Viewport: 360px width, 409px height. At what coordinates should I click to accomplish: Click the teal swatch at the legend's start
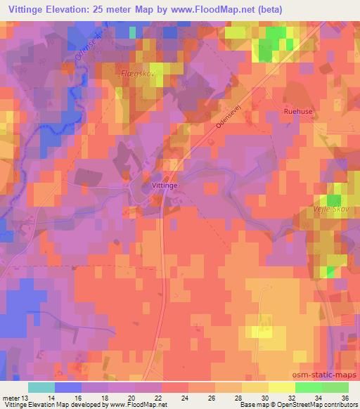pyautogui.click(x=41, y=387)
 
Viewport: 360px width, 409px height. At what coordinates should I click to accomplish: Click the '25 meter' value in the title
pyautogui.click(x=123, y=9)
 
